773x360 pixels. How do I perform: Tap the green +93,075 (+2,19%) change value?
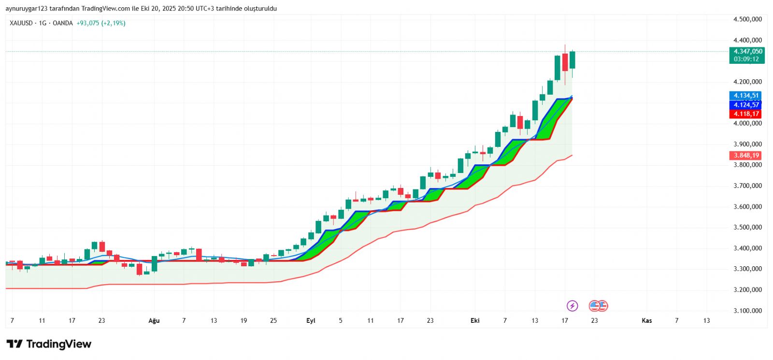(x=101, y=23)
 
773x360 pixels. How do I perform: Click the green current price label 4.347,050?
(x=747, y=52)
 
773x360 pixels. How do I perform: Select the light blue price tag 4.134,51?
(x=746, y=96)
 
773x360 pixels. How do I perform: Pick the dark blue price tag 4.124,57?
(x=746, y=105)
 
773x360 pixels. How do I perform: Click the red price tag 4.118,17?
(x=746, y=114)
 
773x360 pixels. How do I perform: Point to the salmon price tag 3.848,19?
(x=746, y=156)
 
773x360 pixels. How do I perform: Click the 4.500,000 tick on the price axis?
(x=747, y=19)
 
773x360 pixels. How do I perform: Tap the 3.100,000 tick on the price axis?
(x=747, y=311)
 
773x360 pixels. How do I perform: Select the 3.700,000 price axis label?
(x=747, y=186)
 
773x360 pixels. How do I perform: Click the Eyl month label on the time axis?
(x=311, y=321)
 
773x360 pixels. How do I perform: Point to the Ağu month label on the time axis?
(x=154, y=321)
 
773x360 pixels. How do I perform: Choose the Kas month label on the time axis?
(x=646, y=321)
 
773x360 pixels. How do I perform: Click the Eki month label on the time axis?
(x=475, y=321)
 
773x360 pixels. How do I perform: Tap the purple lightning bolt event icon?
(x=572, y=306)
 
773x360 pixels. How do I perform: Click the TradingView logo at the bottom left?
(x=49, y=344)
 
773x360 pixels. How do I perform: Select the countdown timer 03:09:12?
(x=746, y=59)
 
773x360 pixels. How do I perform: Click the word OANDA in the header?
(x=62, y=23)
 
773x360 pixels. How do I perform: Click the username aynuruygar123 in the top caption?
(x=27, y=9)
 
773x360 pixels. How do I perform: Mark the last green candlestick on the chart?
(x=573, y=60)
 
